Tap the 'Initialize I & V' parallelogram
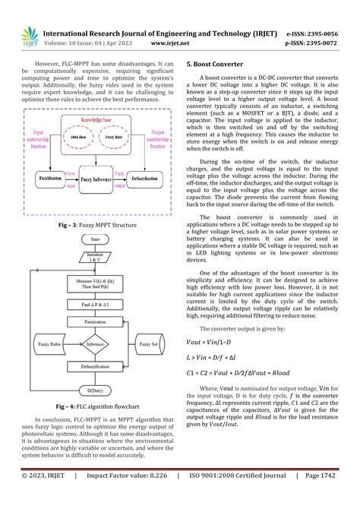pyautogui.click(x=96, y=255)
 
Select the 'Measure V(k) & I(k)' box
pyautogui.click(x=96, y=283)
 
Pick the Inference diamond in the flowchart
pyautogui.click(x=96, y=344)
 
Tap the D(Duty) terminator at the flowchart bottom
pyautogui.click(x=96, y=390)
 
